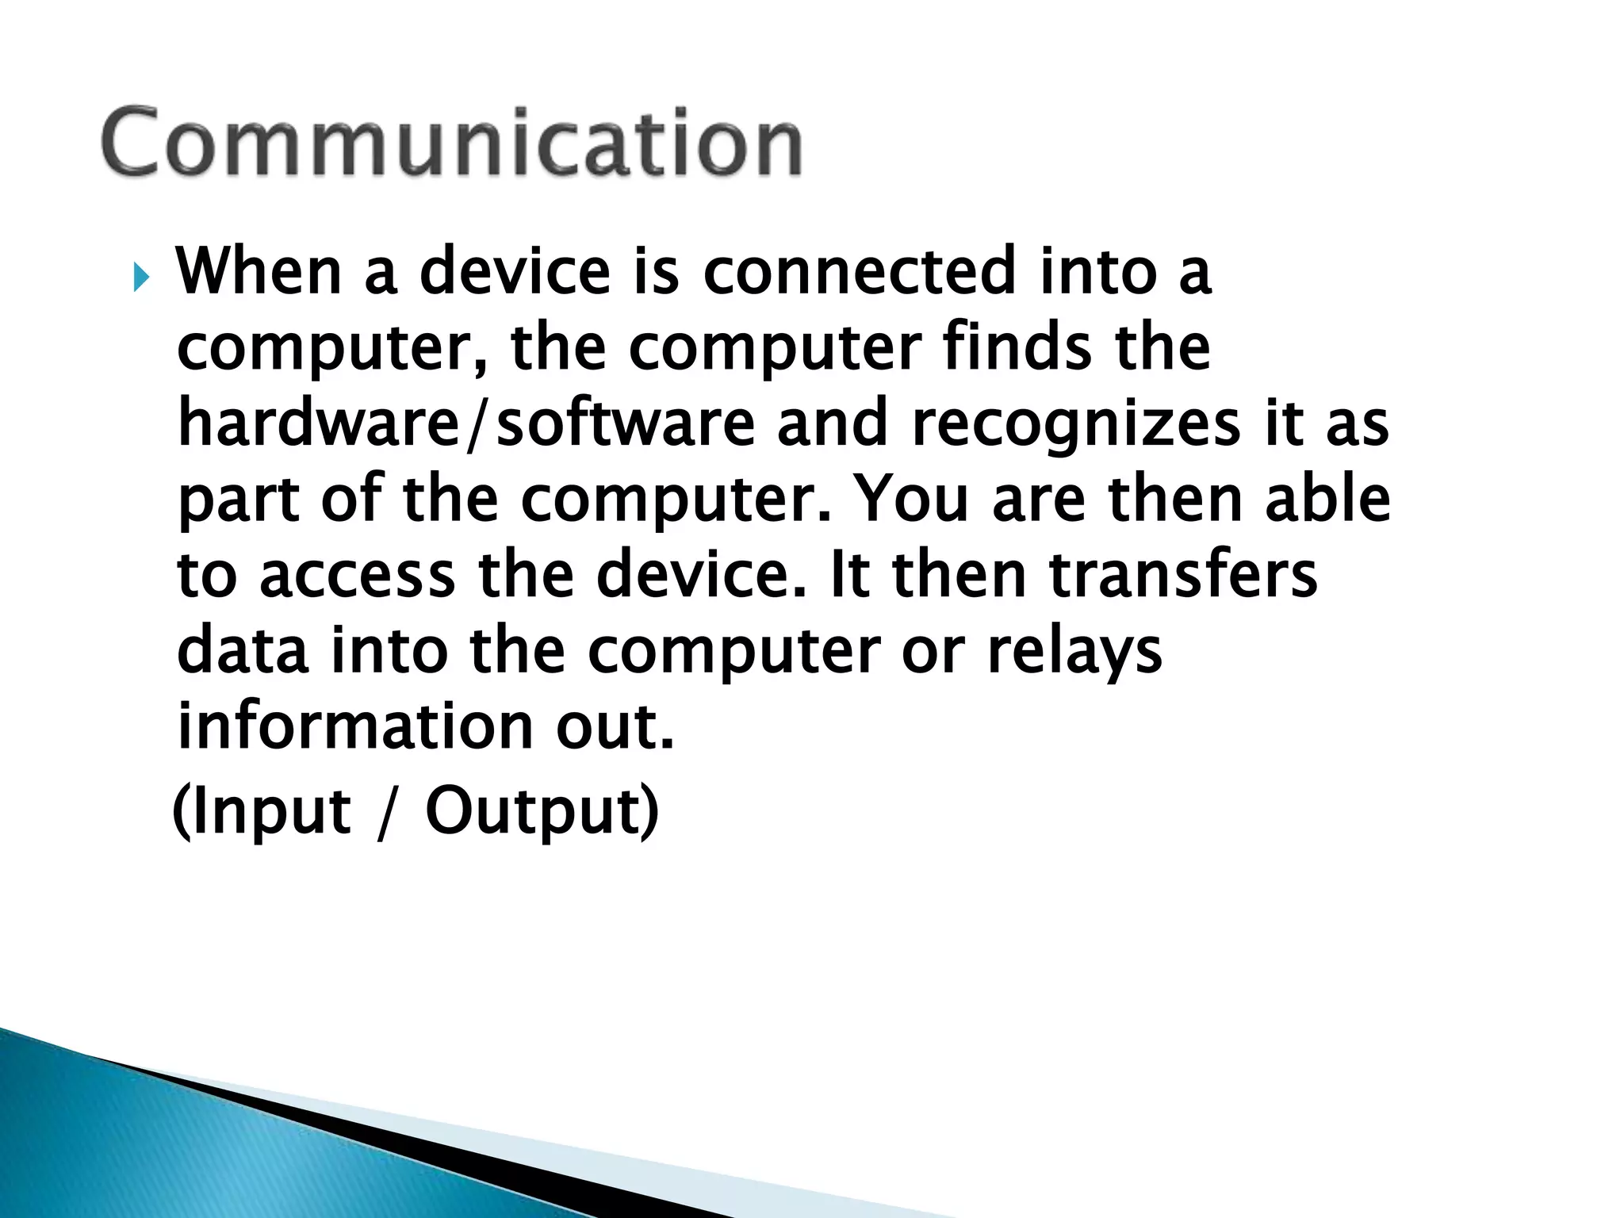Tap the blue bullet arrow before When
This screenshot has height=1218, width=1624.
140,277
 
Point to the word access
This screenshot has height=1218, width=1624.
357,576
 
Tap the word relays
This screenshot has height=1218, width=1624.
1074,652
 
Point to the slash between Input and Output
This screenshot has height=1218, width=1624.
386,813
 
